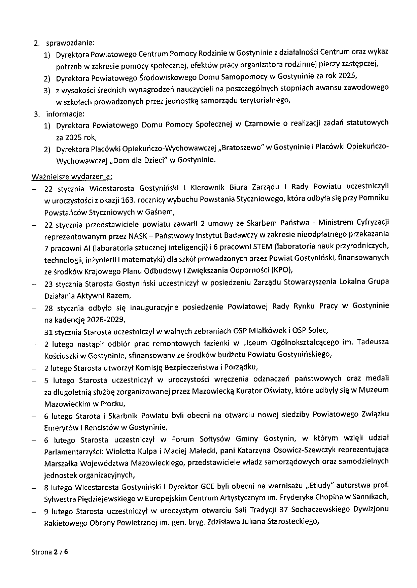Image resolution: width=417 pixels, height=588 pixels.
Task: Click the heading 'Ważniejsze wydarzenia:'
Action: pos(72,176)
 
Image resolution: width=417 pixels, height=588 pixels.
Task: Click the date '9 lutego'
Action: pos(58,511)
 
